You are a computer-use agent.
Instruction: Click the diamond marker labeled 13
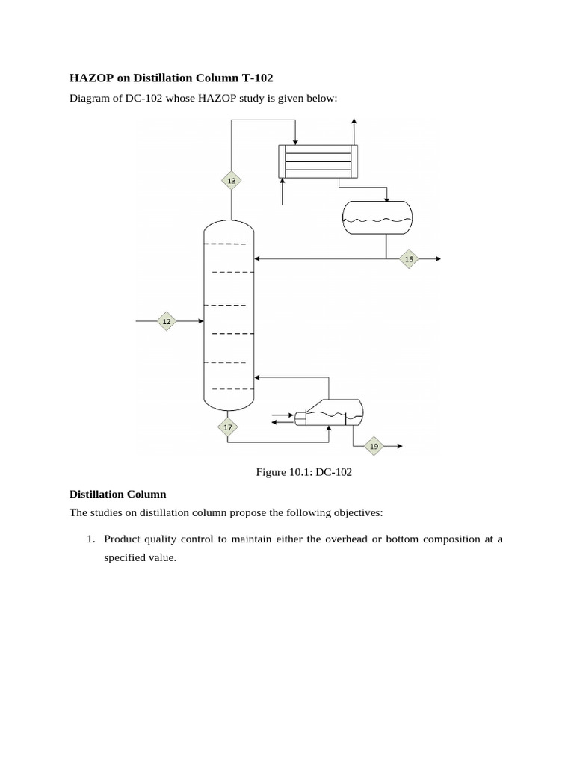(x=232, y=181)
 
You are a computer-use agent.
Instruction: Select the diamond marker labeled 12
(x=166, y=322)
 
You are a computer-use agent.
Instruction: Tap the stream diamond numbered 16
(x=408, y=259)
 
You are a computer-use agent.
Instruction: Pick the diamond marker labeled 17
(x=228, y=427)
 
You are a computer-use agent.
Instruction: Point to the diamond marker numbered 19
(x=374, y=447)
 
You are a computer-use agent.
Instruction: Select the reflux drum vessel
(x=377, y=217)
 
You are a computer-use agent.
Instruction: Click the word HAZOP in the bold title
(x=89, y=77)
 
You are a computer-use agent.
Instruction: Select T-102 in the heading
(x=242, y=77)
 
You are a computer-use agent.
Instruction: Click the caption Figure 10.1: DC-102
(x=303, y=471)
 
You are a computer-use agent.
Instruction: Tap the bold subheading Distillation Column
(x=117, y=494)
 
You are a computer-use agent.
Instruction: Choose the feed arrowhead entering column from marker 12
(x=200, y=322)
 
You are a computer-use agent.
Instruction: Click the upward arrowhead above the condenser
(x=354, y=121)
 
